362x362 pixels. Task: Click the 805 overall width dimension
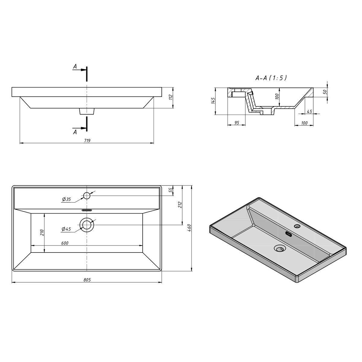[87, 280]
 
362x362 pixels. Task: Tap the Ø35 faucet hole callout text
[66, 199]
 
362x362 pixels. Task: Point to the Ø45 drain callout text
[66, 229]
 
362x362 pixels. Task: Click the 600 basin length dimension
[65, 243]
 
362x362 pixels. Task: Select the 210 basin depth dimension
[42, 233]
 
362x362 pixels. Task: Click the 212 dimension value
[180, 205]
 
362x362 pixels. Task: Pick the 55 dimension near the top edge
[170, 190]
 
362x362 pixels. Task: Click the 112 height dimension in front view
[170, 97]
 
